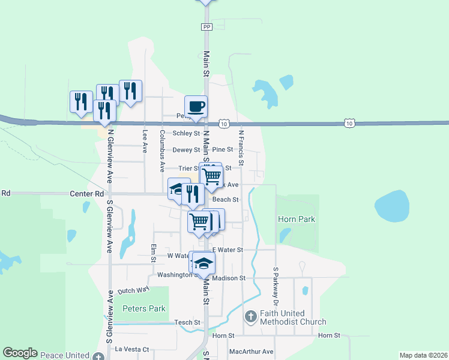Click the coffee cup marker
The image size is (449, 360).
pyautogui.click(x=196, y=107)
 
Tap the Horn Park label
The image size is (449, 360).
pyautogui.click(x=297, y=220)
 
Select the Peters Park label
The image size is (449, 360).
pyautogui.click(x=143, y=308)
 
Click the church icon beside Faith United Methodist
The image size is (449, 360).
pyautogui.click(x=252, y=316)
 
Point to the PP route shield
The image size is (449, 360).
pyautogui.click(x=207, y=27)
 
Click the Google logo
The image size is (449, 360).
pyautogui.click(x=20, y=353)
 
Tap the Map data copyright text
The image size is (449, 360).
pyautogui.click(x=423, y=355)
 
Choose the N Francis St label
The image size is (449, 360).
pyautogui.click(x=241, y=148)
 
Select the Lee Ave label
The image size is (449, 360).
pyautogui.click(x=145, y=142)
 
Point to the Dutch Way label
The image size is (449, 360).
pyautogui.click(x=133, y=290)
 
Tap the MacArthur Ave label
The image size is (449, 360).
pyautogui.click(x=251, y=352)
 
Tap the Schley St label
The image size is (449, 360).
pyautogui.click(x=186, y=133)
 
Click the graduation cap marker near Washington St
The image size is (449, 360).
pyautogui.click(x=203, y=263)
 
